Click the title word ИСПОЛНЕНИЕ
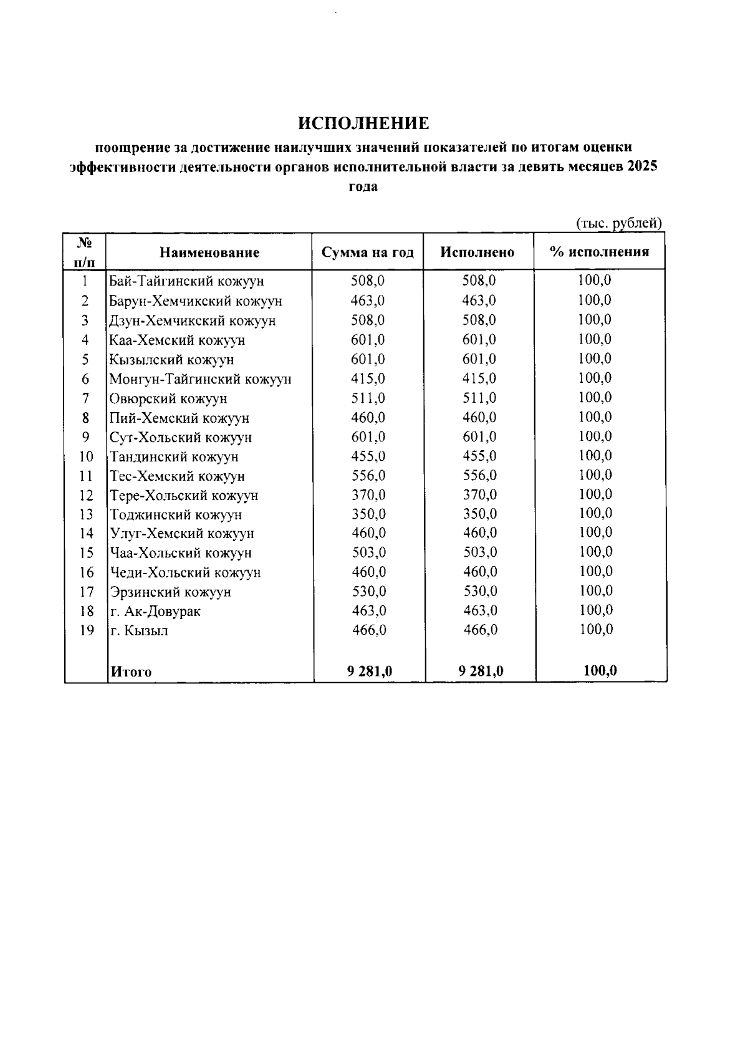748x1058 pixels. point(363,123)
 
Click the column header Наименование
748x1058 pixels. point(209,252)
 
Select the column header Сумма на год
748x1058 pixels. point(368,252)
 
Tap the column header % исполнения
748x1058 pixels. point(599,252)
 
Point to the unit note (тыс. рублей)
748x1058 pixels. point(618,223)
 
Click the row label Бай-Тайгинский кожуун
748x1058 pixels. point(186,281)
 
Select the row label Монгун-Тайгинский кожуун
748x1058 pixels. point(200,379)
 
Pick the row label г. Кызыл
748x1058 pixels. point(139,630)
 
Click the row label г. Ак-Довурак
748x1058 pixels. point(155,611)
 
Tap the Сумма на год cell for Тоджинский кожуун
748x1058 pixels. point(368,514)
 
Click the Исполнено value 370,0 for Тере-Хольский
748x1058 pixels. point(480,495)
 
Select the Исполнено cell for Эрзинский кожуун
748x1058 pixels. point(480,591)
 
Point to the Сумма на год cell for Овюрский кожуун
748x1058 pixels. point(368,398)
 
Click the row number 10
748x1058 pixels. point(86,457)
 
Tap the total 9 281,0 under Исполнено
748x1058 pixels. point(481,671)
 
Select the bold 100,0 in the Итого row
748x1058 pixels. point(600,671)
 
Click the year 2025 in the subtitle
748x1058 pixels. point(643,167)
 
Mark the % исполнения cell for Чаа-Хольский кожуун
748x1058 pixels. point(595,552)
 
